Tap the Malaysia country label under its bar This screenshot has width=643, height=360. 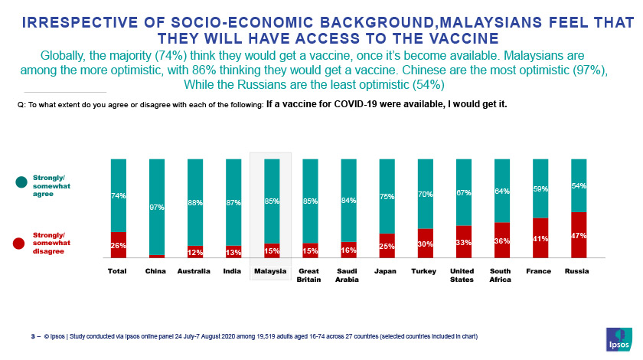(270, 271)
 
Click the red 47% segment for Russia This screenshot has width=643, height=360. (579, 235)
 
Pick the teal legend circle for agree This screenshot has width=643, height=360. (21, 182)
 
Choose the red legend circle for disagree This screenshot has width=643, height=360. (21, 243)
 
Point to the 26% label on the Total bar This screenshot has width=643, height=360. (118, 245)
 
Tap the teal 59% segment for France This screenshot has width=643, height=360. (540, 188)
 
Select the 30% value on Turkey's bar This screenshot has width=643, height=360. (426, 244)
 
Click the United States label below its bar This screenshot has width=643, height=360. (463, 275)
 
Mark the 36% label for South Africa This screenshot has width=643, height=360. (502, 241)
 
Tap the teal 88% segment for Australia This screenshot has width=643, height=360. (195, 202)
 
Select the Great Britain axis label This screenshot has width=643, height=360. (309, 275)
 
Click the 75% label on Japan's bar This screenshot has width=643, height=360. (387, 197)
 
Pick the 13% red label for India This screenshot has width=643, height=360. (233, 251)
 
